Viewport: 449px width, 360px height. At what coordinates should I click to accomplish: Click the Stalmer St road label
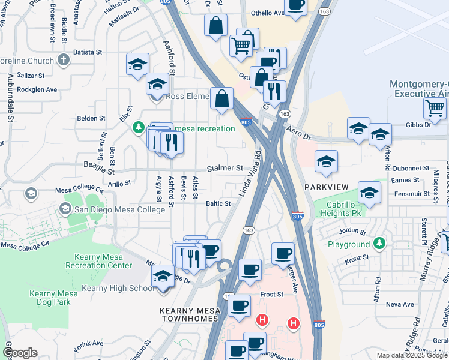pyautogui.click(x=225, y=169)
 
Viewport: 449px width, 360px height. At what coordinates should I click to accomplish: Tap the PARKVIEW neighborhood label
pyautogui.click(x=326, y=187)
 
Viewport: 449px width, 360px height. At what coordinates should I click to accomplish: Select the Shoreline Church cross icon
pyautogui.click(x=64, y=60)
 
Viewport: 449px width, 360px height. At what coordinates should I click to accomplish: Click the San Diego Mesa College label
pyautogui.click(x=119, y=209)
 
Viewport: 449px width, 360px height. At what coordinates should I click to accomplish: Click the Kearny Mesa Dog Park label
pyautogui.click(x=50, y=298)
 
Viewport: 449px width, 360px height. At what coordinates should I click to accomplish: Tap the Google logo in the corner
pyautogui.click(x=20, y=353)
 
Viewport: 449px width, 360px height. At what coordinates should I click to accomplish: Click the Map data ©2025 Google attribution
pyautogui.click(x=412, y=355)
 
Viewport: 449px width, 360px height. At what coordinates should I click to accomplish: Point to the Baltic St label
pyautogui.click(x=218, y=203)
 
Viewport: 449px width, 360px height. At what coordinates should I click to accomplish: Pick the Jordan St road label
pyautogui.click(x=352, y=231)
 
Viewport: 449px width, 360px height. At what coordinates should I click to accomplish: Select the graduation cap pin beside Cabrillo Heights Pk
pyautogui.click(x=370, y=193)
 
